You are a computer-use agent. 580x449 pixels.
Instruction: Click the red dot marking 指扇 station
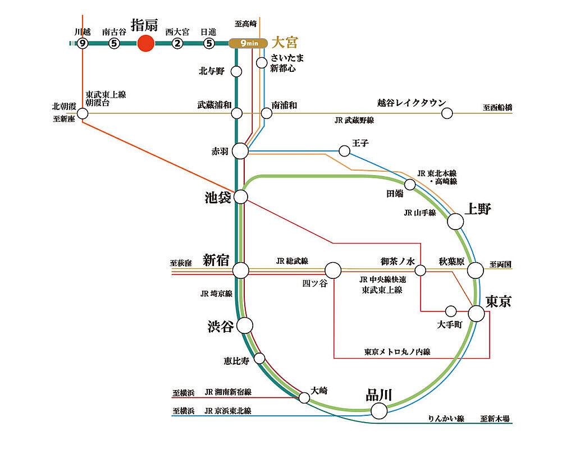[145, 43]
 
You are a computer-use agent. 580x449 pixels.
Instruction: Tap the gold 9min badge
[248, 43]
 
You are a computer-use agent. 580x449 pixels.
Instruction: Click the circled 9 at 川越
[83, 43]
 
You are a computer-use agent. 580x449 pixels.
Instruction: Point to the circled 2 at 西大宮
[177, 43]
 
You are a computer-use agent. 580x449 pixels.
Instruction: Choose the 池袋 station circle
[240, 196]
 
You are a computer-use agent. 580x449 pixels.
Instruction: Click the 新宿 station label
[216, 260]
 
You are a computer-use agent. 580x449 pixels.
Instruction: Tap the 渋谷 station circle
[245, 325]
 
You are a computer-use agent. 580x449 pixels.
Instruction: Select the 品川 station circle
[379, 411]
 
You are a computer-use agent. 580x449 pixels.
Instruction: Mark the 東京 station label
[498, 301]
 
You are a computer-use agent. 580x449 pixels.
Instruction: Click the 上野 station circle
[455, 222]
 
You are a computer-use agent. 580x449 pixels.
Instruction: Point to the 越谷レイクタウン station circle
[447, 113]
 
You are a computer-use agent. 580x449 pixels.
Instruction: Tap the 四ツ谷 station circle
[333, 271]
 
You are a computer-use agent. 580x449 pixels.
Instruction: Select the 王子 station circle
[344, 151]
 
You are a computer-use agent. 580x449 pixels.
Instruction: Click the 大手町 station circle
[450, 311]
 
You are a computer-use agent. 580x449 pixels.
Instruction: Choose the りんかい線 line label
[445, 419]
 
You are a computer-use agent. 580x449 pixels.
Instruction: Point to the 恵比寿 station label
[236, 361]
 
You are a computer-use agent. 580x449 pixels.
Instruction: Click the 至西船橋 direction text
[497, 107]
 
